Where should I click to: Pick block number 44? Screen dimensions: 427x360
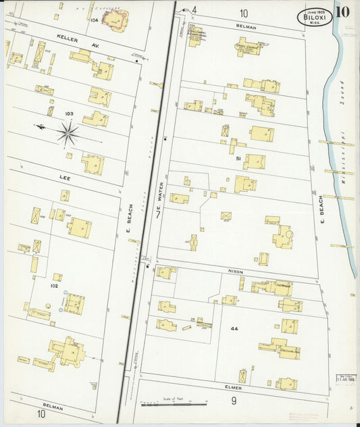click(234, 328)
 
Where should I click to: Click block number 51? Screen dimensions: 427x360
click(238, 157)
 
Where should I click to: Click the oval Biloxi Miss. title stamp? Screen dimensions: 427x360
click(314, 16)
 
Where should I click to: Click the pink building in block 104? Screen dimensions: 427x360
click(116, 20)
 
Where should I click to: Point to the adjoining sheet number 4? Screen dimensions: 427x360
click(193, 9)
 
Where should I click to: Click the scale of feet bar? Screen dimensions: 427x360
click(173, 403)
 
